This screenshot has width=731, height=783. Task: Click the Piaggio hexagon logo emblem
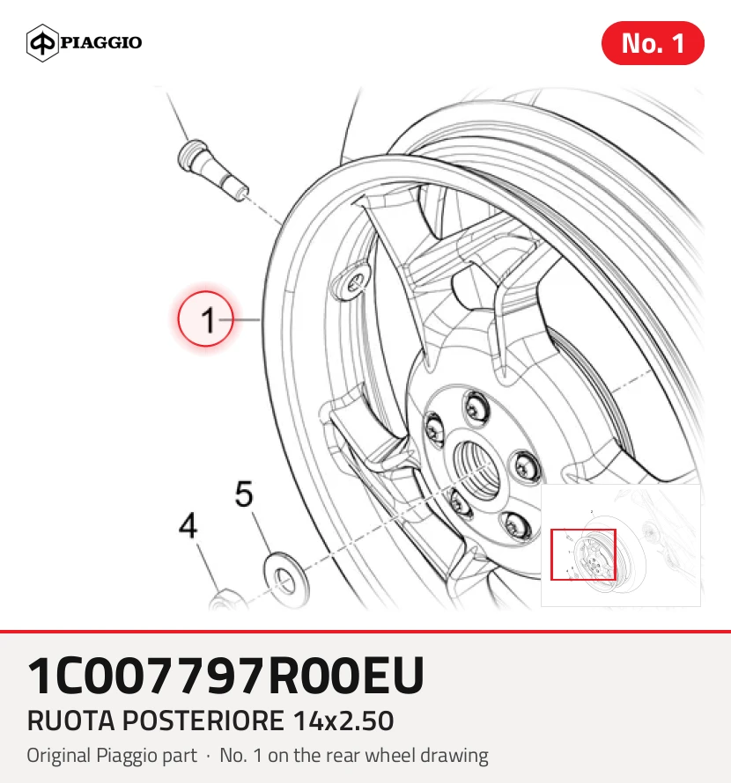click(42, 43)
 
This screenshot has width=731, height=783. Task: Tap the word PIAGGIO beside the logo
click(101, 42)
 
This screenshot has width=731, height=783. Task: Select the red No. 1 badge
click(653, 43)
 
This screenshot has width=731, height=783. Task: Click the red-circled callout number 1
click(205, 318)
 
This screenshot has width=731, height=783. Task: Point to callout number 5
click(244, 494)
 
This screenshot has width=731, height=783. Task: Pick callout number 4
click(188, 525)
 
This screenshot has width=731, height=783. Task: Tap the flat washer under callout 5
click(286, 580)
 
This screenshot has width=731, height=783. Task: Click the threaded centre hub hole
click(476, 470)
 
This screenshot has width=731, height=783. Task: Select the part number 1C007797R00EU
click(226, 676)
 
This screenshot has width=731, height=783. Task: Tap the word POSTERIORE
click(203, 721)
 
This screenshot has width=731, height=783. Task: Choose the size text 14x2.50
click(343, 721)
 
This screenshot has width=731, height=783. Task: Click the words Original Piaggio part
click(112, 756)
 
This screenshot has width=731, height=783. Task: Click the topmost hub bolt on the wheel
click(475, 408)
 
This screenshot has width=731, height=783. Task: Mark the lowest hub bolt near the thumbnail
click(516, 525)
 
